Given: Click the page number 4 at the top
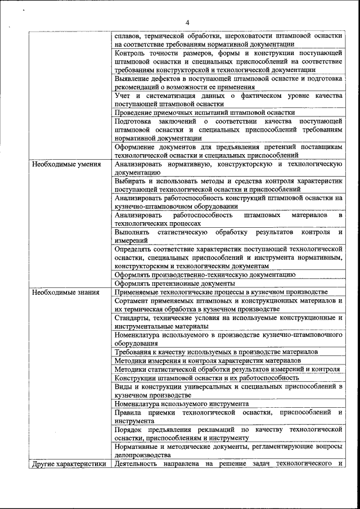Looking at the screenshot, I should (x=187, y=22).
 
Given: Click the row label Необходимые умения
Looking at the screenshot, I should (x=66, y=165).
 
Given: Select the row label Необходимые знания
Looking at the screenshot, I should (x=66, y=292).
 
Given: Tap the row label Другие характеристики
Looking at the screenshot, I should (x=69, y=464).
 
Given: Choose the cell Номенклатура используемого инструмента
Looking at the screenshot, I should (x=181, y=403).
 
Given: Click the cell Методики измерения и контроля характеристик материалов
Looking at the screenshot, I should (x=208, y=360).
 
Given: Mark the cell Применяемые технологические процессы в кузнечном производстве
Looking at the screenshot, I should (x=220, y=292).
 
